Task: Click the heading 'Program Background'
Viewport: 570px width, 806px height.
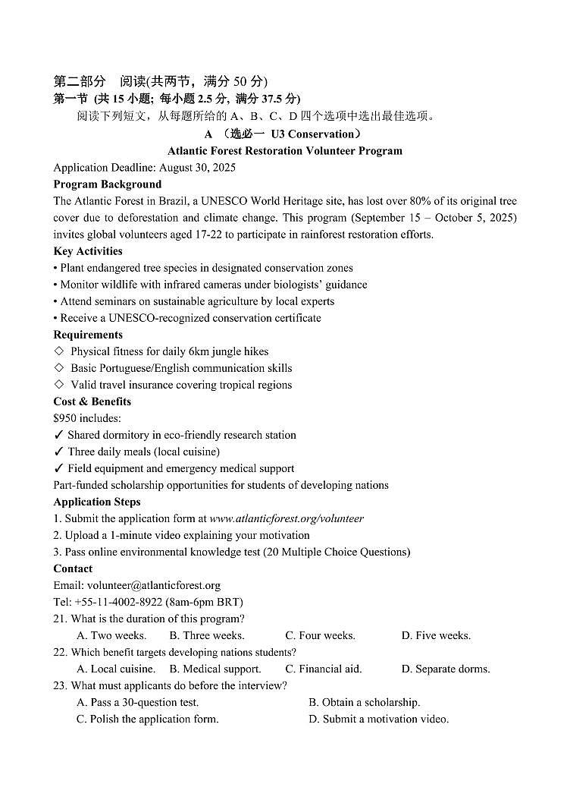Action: (x=107, y=184)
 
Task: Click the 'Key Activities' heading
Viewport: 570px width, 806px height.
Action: (x=88, y=251)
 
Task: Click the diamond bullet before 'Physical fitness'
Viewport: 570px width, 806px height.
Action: (x=59, y=351)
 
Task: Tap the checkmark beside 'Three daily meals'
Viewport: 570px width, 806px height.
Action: (x=58, y=452)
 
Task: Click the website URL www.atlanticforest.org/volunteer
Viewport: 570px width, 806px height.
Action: (x=287, y=518)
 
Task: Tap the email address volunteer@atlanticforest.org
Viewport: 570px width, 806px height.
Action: (x=154, y=585)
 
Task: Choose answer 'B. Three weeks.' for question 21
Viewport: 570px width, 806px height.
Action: (x=207, y=635)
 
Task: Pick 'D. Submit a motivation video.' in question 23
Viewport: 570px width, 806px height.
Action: (x=378, y=719)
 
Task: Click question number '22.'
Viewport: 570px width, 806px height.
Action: (x=61, y=652)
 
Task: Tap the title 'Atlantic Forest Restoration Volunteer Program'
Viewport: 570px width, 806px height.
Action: (x=285, y=151)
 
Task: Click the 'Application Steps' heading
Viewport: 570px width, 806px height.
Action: (x=97, y=502)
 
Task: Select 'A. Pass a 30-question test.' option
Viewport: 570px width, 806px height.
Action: (x=137, y=702)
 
